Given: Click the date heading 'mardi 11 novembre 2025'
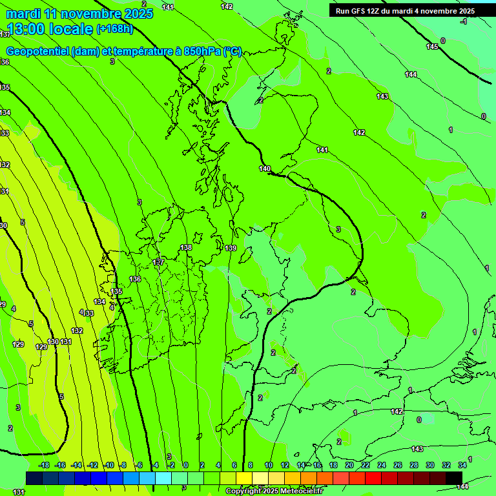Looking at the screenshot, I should point(80,14).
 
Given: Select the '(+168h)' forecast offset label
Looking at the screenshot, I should point(114,28).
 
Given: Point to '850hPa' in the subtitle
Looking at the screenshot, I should point(203,52).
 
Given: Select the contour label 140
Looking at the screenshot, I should point(265,169).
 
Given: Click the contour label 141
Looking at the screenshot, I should point(322,150).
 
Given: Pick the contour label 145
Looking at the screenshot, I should point(432,46).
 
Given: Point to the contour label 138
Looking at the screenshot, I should point(186,247).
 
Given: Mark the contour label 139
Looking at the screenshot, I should point(231,248).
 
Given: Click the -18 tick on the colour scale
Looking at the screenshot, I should point(44,465).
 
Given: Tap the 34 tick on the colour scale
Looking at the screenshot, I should point(462,465).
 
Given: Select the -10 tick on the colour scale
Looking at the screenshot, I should point(108,465).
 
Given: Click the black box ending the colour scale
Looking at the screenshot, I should point(454,478).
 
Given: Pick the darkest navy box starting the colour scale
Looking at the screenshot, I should point(34,478).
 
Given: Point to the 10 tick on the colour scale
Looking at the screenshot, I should point(268,465).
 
